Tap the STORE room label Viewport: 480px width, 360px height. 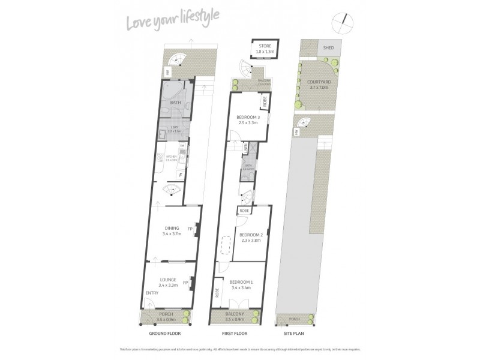pyautogui.click(x=265, y=46)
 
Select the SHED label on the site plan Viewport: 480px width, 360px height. pyautogui.click(x=328, y=47)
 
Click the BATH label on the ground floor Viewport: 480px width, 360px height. pyautogui.click(x=175, y=103)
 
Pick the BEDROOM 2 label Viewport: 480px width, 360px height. pyautogui.click(x=251, y=235)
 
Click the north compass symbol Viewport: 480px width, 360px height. pyautogui.click(x=345, y=21)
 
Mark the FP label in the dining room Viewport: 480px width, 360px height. pyautogui.click(x=190, y=229)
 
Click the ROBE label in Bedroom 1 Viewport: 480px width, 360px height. pyautogui.click(x=217, y=294)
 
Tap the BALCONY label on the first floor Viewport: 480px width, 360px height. pyautogui.click(x=236, y=314)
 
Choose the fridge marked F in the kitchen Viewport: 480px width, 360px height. pyautogui.click(x=181, y=175)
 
